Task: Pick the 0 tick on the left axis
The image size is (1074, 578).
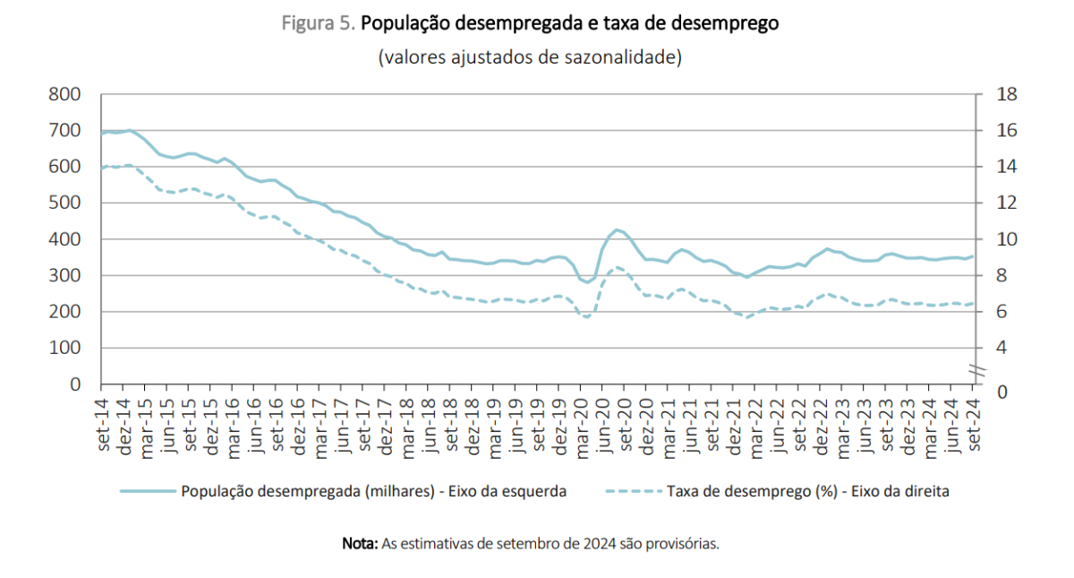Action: coord(75,384)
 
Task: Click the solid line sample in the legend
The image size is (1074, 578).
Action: coord(148,491)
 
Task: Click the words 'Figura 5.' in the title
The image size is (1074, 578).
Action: coord(319,24)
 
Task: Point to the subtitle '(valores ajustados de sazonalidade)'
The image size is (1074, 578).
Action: coord(530,57)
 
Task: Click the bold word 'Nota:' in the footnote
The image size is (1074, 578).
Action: coord(361,543)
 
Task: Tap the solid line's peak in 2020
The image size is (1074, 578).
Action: coord(617,230)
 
